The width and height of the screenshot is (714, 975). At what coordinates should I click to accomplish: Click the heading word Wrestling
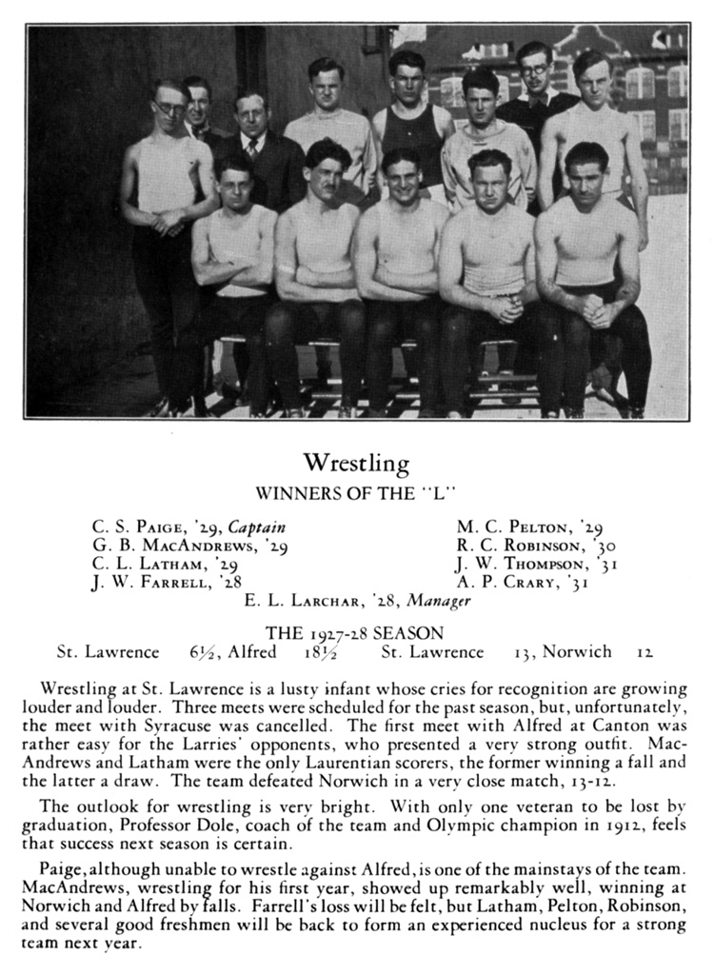(356, 464)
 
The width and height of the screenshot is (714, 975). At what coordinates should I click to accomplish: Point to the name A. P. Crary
(506, 582)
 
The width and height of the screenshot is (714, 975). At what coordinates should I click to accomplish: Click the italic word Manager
(439, 601)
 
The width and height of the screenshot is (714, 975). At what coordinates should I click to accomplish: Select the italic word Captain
(256, 527)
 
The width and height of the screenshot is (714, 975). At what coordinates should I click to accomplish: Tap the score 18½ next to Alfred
(316, 652)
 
